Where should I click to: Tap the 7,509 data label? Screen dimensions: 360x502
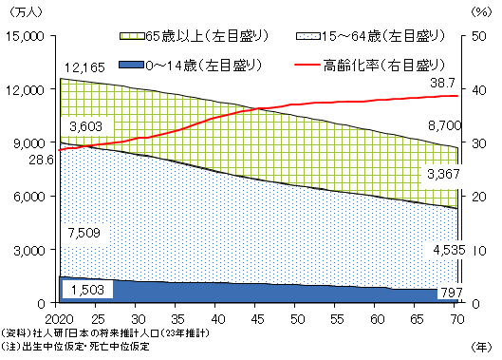tap(84, 232)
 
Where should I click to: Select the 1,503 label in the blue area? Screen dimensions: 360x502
tap(84, 289)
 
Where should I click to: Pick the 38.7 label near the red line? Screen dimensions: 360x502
tap(441, 85)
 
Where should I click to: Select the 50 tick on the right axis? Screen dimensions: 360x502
tap(476, 35)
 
